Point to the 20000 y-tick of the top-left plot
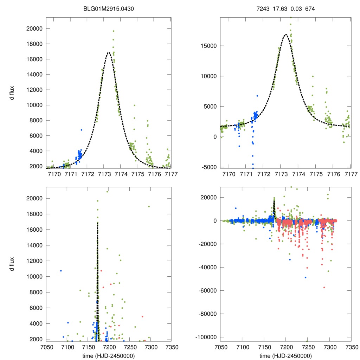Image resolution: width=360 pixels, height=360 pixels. (x=33, y=29)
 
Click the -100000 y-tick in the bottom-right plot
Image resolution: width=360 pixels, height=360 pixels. (x=205, y=337)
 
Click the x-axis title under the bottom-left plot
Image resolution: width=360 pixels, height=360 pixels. (x=109, y=355)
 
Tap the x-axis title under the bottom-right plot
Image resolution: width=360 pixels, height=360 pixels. (x=286, y=355)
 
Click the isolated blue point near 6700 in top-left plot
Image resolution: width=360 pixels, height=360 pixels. (x=81, y=130)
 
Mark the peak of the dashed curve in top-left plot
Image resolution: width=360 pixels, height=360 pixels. (x=109, y=53)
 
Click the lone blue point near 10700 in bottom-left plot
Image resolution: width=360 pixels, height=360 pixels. (x=61, y=271)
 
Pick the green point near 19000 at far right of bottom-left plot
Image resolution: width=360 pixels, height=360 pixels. (x=149, y=206)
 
